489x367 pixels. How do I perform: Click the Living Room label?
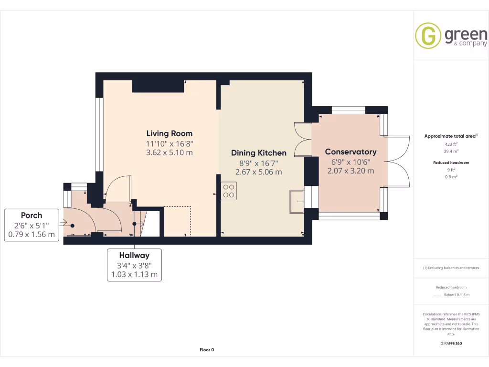(170, 134)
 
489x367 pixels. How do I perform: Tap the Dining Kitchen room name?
(258, 153)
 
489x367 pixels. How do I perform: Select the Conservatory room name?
(351, 152)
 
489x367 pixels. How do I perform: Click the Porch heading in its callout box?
(32, 216)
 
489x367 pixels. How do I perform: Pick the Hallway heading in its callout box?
(134, 255)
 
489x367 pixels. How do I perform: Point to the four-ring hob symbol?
(229, 191)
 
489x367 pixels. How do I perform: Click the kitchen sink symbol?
(297, 202)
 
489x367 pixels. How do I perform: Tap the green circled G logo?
(428, 35)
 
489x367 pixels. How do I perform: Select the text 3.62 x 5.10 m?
(170, 152)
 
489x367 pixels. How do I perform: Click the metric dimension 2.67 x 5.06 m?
(258, 172)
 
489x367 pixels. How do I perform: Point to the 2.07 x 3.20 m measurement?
(351, 171)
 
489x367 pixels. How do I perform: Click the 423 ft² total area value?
(451, 144)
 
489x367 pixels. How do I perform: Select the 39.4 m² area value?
(451, 151)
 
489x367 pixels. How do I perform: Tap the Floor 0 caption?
(207, 350)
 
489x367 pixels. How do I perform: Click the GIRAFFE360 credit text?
(451, 344)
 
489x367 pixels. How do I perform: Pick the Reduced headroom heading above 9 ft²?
(451, 162)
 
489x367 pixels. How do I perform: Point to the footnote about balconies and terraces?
(451, 268)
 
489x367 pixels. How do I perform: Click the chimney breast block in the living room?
(158, 86)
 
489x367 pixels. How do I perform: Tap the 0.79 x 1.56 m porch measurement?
(32, 234)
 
